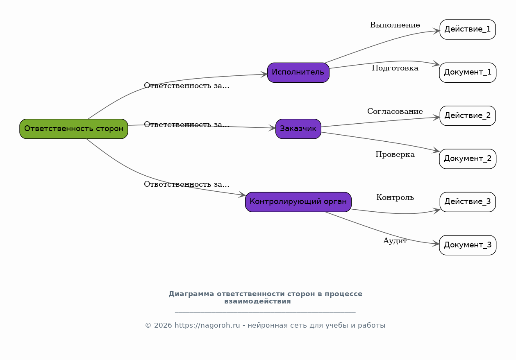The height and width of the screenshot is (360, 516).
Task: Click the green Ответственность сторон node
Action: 74,129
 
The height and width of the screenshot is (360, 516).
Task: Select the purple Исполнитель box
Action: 298,72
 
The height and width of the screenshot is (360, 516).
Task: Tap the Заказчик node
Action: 298,129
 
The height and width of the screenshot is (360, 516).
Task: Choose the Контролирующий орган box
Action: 298,202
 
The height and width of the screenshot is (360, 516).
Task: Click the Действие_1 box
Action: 468,29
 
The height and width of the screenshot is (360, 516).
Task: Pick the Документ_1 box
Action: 468,72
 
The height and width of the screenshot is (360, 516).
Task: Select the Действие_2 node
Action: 468,116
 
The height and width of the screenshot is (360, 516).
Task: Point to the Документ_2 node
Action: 468,159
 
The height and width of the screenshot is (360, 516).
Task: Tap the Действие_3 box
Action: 468,202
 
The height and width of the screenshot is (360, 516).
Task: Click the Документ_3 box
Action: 468,245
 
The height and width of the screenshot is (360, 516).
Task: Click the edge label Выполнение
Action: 395,25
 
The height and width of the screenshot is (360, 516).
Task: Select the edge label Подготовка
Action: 395,68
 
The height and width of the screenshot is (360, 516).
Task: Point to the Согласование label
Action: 395,111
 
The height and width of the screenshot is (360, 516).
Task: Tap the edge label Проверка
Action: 395,154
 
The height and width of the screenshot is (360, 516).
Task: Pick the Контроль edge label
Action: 395,197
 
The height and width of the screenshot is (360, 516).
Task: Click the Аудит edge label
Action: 395,241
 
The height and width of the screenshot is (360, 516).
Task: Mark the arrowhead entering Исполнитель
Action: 264,75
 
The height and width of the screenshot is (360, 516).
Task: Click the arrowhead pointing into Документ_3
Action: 436,244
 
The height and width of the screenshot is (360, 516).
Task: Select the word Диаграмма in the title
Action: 191,294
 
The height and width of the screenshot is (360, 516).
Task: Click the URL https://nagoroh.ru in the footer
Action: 207,326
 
